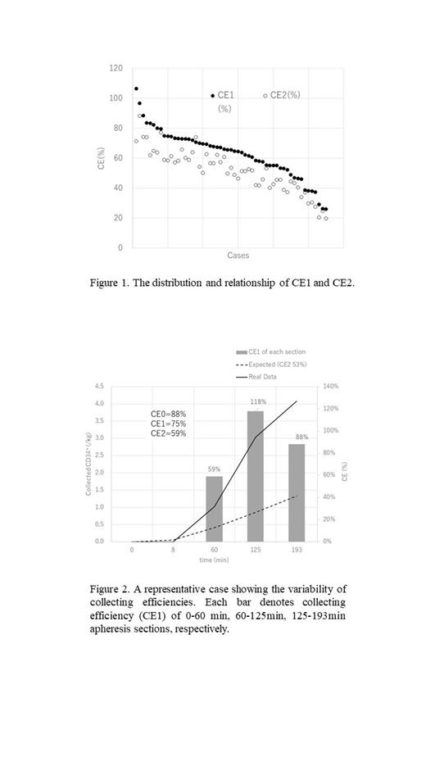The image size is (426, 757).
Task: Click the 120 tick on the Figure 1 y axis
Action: pos(118,68)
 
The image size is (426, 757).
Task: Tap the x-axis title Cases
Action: pos(238,256)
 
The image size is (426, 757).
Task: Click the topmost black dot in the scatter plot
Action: pos(136,88)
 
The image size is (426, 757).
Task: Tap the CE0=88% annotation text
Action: pos(168,415)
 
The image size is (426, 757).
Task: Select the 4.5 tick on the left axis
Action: pos(121,386)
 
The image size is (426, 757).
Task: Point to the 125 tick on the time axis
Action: pos(256,550)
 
